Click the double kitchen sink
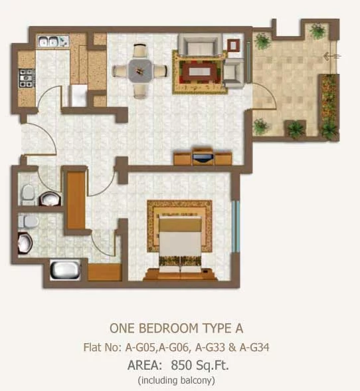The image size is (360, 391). tap(53, 41)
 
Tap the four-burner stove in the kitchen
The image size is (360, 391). tap(27, 78)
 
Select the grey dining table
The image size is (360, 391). tap(140, 70)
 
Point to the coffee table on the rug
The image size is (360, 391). tap(199, 71)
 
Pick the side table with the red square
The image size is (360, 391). tap(233, 45)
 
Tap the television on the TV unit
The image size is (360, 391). tap(203, 158)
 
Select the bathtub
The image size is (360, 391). tap(65, 270)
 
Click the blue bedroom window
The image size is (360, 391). tap(235, 226)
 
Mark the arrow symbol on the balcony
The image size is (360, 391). tap(332, 57)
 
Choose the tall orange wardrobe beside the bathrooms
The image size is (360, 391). tap(76, 200)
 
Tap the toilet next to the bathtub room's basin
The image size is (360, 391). tap(28, 221)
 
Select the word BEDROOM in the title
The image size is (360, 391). tap(169, 328)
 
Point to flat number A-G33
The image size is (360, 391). tap(210, 347)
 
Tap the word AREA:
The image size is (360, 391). tap(145, 365)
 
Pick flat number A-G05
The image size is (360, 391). tap(141, 347)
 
